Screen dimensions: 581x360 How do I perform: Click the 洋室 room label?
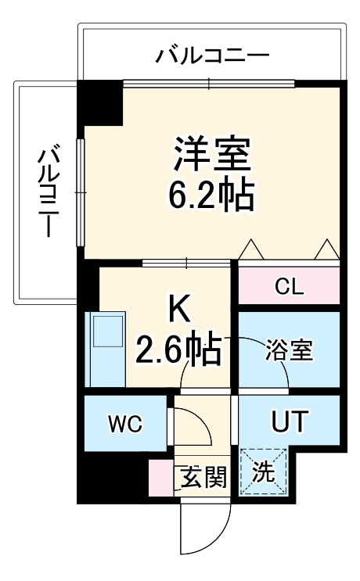tap(211, 155)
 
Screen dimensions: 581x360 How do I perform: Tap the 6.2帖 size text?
tap(211, 195)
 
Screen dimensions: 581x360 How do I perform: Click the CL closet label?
tap(288, 286)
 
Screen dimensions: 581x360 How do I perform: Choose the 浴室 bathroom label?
tap(289, 350)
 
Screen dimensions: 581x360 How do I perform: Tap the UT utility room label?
tap(289, 421)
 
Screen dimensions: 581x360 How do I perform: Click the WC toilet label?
tap(125, 425)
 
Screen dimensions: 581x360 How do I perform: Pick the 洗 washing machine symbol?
tap(264, 472)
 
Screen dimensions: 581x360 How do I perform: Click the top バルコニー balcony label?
tap(212, 56)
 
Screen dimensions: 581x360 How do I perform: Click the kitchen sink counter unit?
tap(106, 348)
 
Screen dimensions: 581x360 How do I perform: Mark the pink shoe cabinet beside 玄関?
tap(161, 479)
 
